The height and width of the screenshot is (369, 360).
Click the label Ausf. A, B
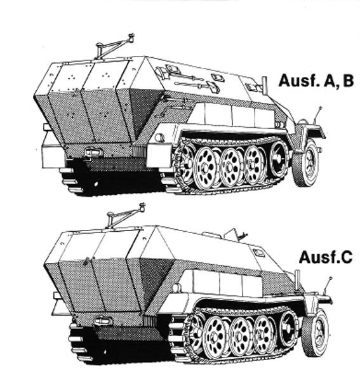point(316,81)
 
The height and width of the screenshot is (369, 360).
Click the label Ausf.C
point(326,257)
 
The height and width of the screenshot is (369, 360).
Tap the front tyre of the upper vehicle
point(307,163)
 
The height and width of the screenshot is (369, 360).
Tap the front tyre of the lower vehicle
point(316,332)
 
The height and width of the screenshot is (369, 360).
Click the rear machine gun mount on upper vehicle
point(114,46)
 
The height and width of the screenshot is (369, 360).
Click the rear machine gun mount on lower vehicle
point(125,215)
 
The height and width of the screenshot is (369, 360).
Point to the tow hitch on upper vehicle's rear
point(93,152)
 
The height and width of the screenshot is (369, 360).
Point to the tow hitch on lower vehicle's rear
point(103,321)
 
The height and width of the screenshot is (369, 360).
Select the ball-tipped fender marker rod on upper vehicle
point(317,116)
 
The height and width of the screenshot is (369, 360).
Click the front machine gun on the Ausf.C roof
point(236,234)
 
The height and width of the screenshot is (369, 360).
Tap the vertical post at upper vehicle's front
point(265,85)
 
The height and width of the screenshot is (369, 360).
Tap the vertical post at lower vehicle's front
point(297,279)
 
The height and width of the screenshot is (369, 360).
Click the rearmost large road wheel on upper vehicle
point(204,168)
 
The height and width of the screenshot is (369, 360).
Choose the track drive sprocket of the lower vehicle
point(289,327)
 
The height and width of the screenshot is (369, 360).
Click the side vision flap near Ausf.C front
point(259,252)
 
